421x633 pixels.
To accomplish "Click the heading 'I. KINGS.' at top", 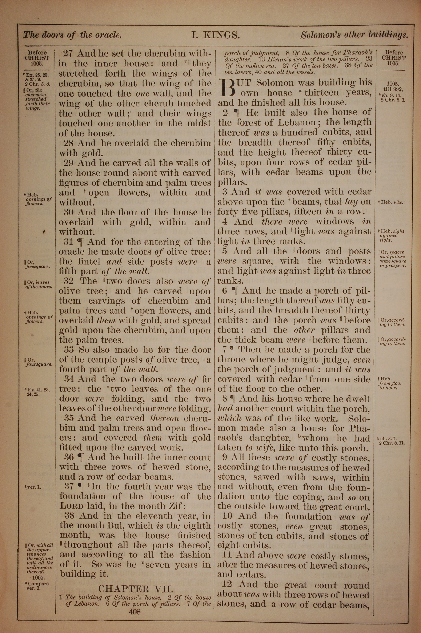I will pos(215,35).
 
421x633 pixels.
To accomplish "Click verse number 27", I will pos(68,53).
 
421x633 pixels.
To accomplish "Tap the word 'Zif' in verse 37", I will pos(176,506).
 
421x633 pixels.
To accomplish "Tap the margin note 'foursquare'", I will pos(39,365).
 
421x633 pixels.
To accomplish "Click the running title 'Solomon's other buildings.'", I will pos(354,35).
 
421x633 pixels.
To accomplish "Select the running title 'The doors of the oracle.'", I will pos(72,35).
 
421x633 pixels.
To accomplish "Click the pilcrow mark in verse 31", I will pos(80,242).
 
